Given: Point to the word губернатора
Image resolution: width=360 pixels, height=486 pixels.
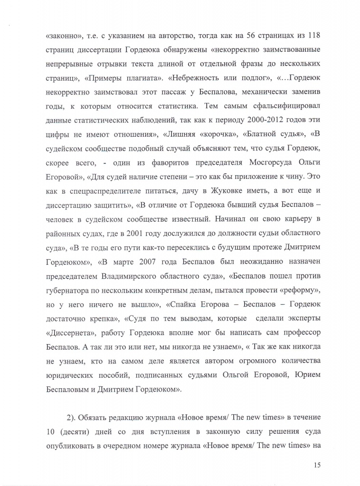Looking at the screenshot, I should (70, 289).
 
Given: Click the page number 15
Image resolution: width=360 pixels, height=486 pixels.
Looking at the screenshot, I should (317, 465).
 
